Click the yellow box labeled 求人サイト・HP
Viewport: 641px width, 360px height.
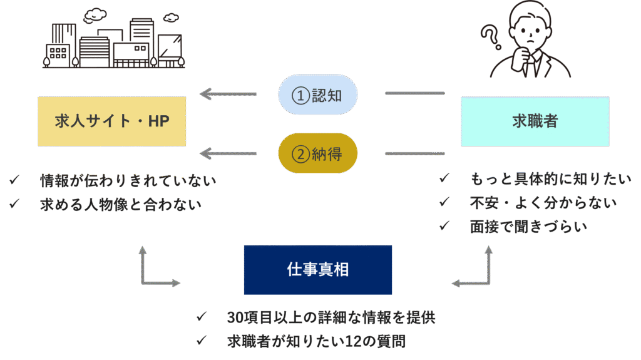(111, 121)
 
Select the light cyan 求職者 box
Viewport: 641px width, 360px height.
(535, 121)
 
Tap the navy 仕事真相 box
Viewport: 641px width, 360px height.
(317, 270)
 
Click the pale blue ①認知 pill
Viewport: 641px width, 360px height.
(317, 95)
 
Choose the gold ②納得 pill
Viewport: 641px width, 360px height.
(317, 153)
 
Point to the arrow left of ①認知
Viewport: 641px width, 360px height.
(228, 95)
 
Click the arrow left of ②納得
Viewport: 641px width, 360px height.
(228, 153)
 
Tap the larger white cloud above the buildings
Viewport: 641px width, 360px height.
(95, 14)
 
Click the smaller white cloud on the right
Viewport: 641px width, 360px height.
(170, 18)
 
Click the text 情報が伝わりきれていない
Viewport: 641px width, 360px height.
(128, 181)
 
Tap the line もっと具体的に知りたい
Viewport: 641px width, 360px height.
(551, 179)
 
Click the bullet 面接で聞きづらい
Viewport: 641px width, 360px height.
(528, 226)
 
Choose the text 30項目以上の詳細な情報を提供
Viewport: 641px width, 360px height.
(331, 317)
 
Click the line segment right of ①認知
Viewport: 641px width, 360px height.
(414, 93)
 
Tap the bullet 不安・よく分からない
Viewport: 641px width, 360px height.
(543, 202)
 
